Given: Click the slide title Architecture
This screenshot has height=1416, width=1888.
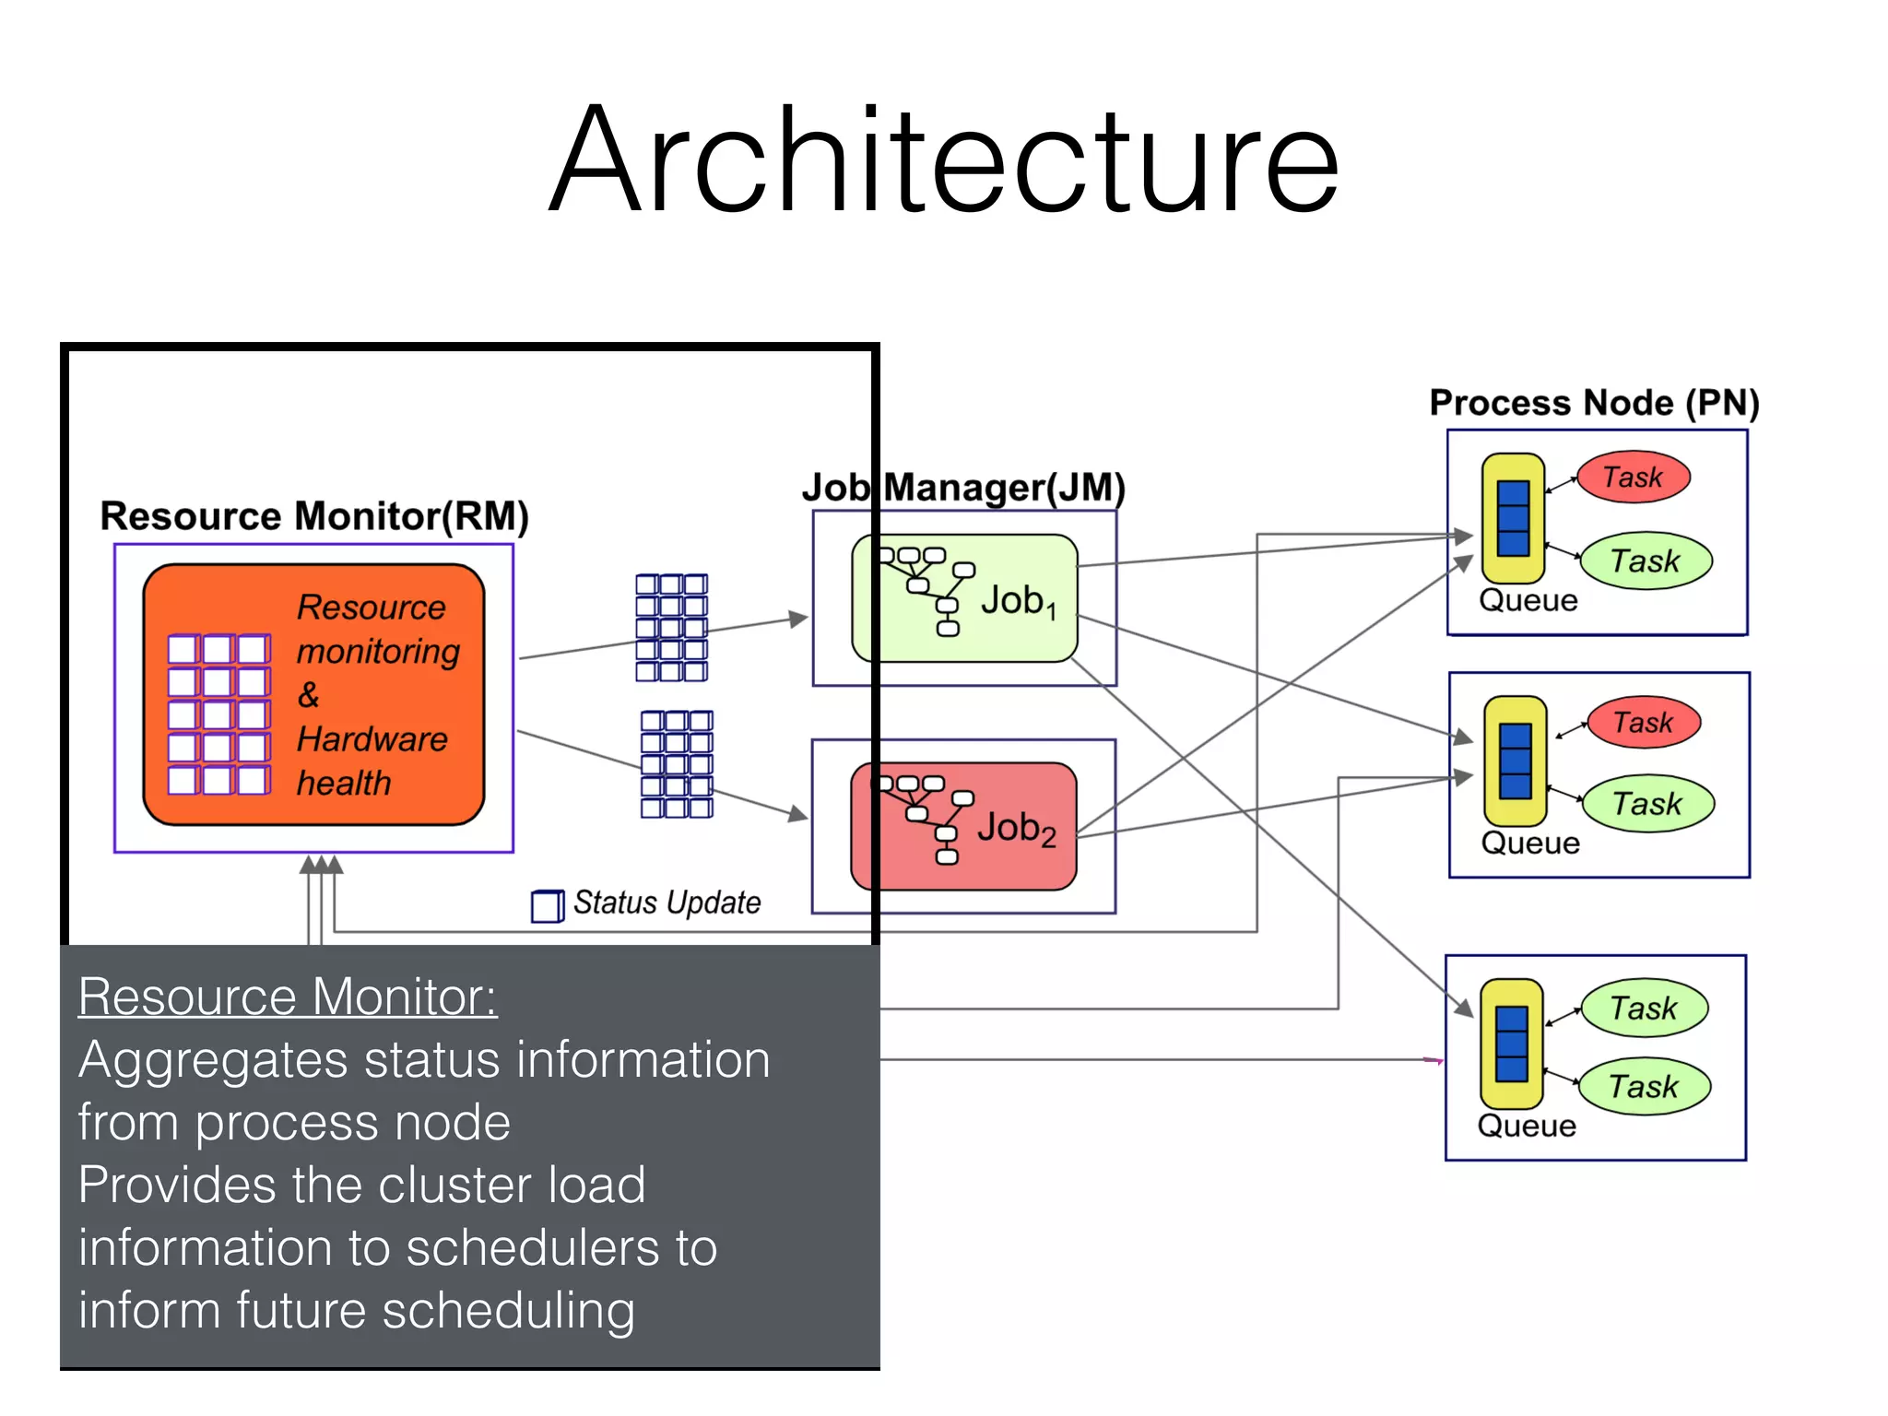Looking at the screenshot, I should [x=943, y=161].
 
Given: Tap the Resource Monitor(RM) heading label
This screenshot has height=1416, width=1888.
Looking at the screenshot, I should [x=314, y=516].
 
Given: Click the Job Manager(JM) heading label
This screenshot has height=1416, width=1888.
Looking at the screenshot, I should [x=963, y=488].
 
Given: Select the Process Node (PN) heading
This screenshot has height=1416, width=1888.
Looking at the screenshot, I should [x=1594, y=403].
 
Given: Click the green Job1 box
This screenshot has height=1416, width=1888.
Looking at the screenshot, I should [x=964, y=598].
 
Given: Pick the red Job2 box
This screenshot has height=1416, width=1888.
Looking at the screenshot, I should [x=963, y=826].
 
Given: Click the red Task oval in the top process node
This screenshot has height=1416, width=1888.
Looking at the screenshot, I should [x=1633, y=478].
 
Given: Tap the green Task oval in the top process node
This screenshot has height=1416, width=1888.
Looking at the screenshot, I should [x=1646, y=560].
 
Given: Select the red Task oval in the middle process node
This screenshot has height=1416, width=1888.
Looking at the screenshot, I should [x=1643, y=722].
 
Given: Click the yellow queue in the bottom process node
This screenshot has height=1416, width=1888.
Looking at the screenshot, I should [x=1511, y=1044].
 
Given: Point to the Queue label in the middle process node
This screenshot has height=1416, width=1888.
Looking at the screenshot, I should [x=1530, y=843].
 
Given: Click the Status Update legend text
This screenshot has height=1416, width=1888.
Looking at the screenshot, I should [x=667, y=903].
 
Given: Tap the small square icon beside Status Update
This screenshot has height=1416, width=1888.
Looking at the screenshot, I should [x=547, y=905].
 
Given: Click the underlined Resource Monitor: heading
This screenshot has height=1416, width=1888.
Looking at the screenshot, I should [x=288, y=997].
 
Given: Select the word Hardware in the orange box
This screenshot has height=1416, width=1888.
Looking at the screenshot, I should [x=372, y=739].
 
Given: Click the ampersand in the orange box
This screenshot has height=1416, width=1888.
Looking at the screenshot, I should [x=308, y=695].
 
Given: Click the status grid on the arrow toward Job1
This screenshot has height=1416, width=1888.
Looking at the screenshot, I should [x=671, y=628].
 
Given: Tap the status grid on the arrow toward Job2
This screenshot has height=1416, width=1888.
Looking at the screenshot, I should [x=677, y=764].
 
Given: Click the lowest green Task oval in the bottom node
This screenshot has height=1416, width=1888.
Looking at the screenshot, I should [x=1644, y=1087].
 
